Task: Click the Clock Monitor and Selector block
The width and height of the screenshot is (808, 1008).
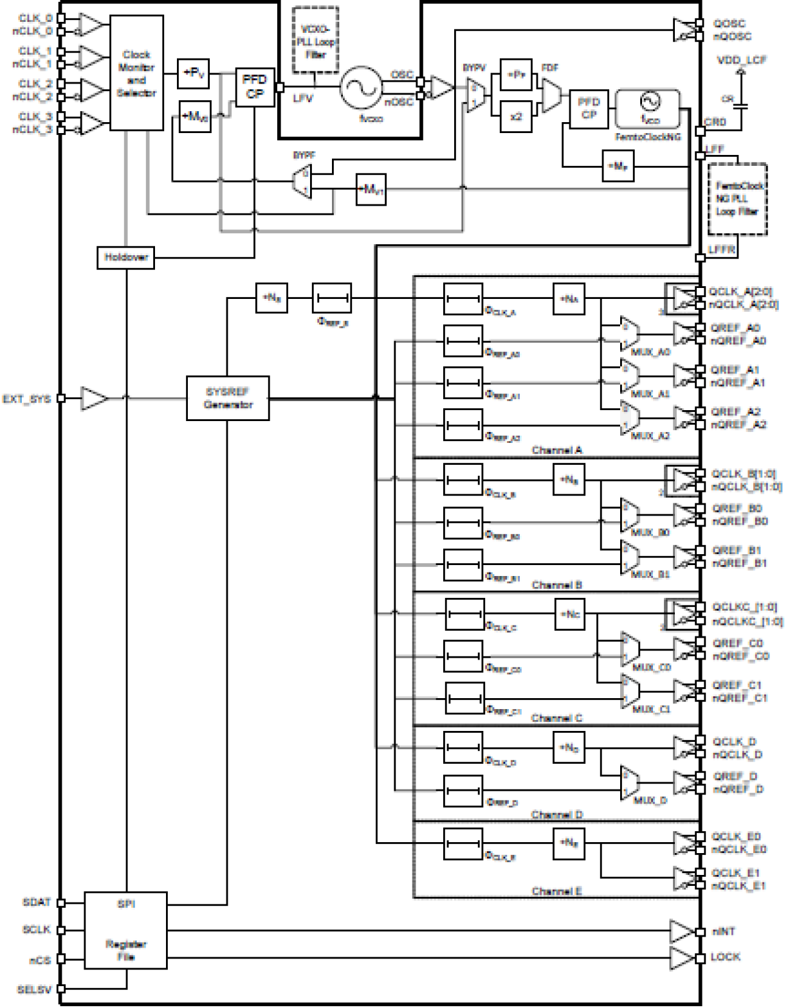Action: point(136,73)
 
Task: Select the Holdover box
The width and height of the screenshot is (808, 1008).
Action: point(125,257)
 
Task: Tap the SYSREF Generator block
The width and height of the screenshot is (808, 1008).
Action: point(228,399)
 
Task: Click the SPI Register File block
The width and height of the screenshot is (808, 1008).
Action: point(125,930)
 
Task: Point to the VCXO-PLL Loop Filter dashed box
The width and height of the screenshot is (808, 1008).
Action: point(315,40)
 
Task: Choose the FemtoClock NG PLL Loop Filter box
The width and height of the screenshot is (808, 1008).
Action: point(737,199)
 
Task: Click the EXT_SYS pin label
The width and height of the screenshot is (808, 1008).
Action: point(26,399)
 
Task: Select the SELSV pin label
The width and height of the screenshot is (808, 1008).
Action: point(34,989)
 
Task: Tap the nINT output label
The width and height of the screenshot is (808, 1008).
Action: point(724,932)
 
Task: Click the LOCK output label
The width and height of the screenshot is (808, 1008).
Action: point(725,957)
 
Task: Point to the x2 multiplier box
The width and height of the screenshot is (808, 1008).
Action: point(516,117)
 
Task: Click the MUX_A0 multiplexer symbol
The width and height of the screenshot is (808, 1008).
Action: point(629,334)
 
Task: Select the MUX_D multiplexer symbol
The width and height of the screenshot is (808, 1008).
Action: point(629,783)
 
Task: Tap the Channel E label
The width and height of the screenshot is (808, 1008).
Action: point(556,891)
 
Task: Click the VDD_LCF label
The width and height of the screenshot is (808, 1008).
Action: point(742,60)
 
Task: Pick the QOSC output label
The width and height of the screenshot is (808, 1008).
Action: point(729,24)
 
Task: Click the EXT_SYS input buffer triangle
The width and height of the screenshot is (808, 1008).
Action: point(93,399)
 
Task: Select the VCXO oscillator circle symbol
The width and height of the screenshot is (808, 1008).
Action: point(361,87)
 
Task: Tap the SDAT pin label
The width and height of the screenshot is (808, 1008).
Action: point(37,903)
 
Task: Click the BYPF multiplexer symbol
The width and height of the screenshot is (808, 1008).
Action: point(302,181)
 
